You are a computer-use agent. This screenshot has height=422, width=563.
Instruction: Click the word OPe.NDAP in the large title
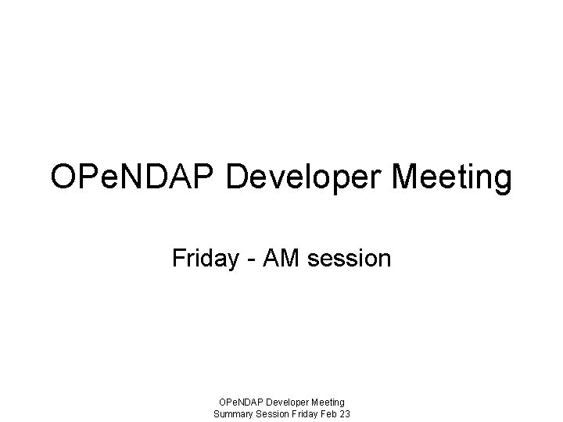pos(134,177)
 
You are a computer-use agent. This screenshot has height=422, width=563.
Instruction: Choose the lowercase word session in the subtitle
pos(348,258)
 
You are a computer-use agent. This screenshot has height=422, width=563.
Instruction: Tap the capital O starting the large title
pos(64,177)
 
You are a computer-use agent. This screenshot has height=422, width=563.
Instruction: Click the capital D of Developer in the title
pos(238,177)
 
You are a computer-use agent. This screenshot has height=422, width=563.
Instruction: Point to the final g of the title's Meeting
pos(503,181)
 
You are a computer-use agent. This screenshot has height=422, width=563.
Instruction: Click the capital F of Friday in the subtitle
pos(178,258)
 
